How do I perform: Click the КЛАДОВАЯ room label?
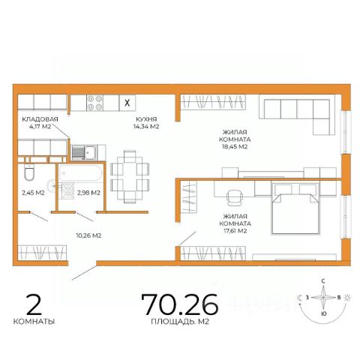point(40,119)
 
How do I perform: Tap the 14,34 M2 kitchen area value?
point(146,127)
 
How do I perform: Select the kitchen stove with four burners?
point(95,103)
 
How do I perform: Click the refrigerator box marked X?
point(127,103)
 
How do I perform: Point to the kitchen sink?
point(84,152)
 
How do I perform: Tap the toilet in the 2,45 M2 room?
point(29,172)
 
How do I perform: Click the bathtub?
point(80,172)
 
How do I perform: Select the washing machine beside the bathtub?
point(67,190)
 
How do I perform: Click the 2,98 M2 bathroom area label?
point(88,193)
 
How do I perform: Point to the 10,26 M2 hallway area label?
point(88,235)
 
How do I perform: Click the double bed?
point(295,209)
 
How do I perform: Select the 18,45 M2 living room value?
point(235,147)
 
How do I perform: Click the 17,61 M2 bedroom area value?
point(235,231)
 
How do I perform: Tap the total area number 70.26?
point(180,304)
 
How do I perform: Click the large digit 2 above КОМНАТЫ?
point(34,304)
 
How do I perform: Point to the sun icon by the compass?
point(347,298)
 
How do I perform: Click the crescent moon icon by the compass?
point(299,298)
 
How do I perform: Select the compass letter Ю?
point(323,313)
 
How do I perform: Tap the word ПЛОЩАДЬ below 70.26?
point(172,322)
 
